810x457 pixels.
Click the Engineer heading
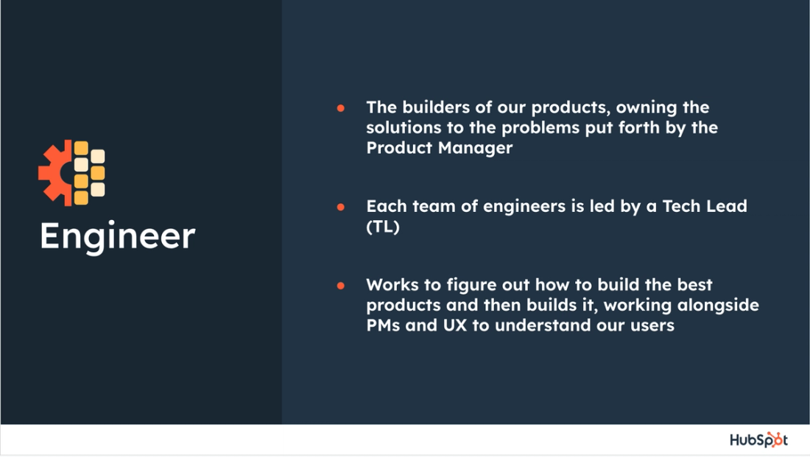pyautogui.click(x=117, y=236)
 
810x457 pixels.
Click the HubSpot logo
pyautogui.click(x=758, y=440)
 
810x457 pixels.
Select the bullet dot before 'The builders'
pyautogui.click(x=341, y=107)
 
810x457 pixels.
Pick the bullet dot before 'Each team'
pyautogui.click(x=341, y=207)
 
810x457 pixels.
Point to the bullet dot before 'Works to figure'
pyautogui.click(x=341, y=285)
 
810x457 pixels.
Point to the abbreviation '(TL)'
pyautogui.click(x=383, y=227)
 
